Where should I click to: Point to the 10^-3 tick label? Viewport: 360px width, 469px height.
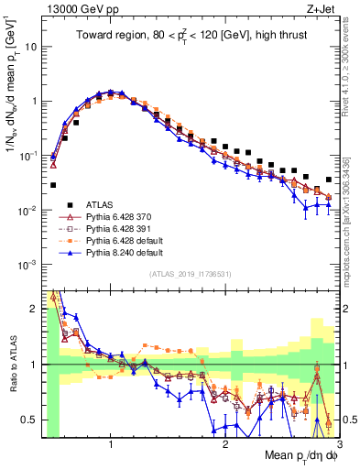coord(28,264)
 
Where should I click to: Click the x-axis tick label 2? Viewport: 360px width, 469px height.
coord(225,444)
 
